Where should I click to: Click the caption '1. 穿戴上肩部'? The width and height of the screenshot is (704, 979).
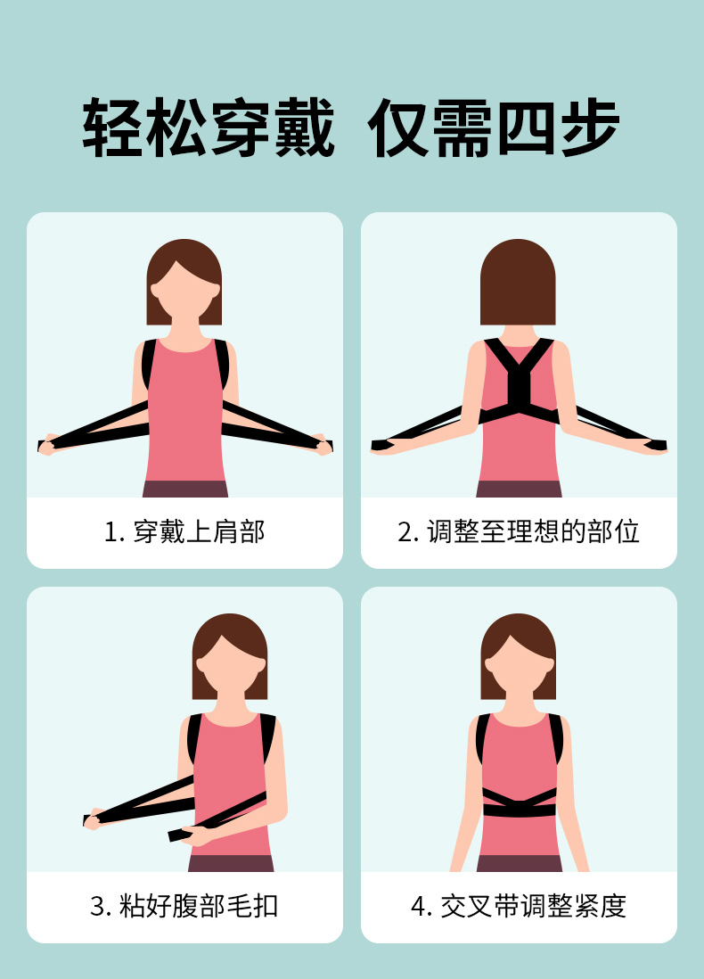point(184,532)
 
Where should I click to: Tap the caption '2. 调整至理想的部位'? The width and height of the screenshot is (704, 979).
point(519,532)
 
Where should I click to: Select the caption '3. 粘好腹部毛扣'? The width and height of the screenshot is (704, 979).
point(184,906)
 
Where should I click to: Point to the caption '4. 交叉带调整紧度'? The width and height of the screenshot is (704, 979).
point(519,906)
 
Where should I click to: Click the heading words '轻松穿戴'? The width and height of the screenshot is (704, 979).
point(209,128)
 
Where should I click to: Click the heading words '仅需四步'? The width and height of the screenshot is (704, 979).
point(494,128)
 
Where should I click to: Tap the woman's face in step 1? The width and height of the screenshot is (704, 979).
point(184,292)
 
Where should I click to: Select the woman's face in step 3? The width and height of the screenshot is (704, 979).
point(230,667)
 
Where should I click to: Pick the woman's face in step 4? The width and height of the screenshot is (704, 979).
point(519,667)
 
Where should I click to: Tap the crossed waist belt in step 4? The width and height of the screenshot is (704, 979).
point(520,803)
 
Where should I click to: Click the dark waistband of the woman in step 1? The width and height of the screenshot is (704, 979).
point(185,489)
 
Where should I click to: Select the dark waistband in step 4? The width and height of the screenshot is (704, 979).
point(520,863)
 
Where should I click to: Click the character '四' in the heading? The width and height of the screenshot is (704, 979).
point(526,128)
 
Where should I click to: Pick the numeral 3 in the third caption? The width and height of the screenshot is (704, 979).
point(97,907)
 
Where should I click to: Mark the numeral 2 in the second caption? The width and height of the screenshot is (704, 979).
point(405,532)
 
